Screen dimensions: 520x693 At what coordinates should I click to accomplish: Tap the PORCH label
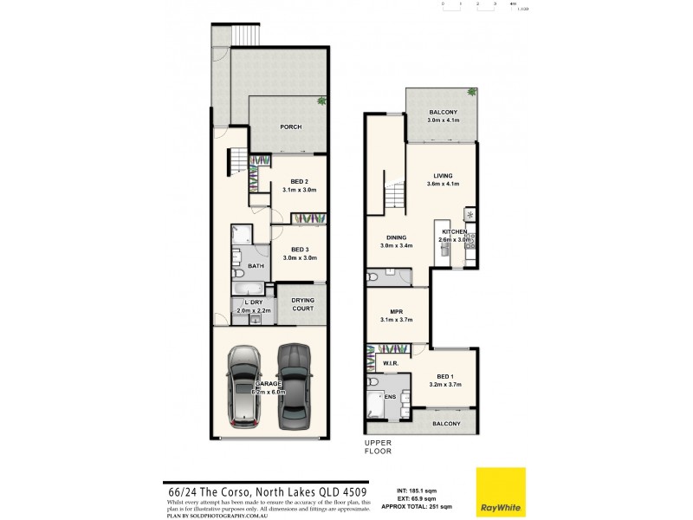click(x=290, y=127)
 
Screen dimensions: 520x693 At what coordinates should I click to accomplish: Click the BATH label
click(x=256, y=266)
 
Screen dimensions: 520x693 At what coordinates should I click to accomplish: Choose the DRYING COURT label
click(x=302, y=304)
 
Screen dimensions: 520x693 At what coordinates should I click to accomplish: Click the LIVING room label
click(x=443, y=176)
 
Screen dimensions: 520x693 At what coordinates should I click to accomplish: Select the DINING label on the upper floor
click(x=396, y=237)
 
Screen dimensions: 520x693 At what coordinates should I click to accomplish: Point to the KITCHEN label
click(x=455, y=232)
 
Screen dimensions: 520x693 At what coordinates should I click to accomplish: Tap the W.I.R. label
click(x=389, y=364)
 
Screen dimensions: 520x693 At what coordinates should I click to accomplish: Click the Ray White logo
click(x=501, y=491)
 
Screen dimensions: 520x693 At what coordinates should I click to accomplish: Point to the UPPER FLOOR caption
click(x=378, y=447)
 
